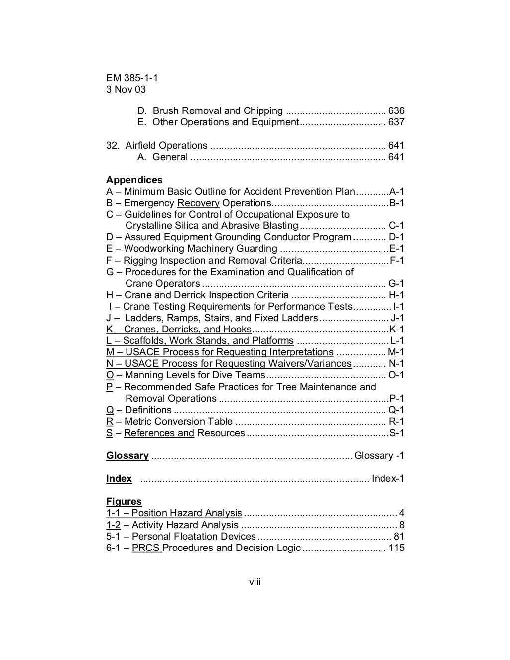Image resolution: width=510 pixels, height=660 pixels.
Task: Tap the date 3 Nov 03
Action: pos(126,90)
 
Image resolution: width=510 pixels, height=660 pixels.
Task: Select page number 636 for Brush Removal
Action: pos(396,111)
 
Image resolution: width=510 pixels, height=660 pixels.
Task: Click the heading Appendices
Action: pos(134,180)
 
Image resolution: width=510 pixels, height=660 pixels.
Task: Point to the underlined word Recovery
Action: pos(198,203)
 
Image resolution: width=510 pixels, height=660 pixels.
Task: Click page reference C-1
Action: pos(396,226)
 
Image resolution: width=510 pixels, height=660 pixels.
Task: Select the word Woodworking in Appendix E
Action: pos(150,249)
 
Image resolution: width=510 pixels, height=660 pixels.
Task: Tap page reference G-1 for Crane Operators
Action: pos(396,284)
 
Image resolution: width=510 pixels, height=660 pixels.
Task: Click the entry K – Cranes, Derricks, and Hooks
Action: pos(178,330)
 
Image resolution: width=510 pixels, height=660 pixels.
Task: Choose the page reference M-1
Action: pos(396,352)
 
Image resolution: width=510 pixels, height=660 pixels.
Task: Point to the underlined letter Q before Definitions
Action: pos(110,410)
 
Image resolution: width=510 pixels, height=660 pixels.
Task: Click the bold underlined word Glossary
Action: pos(127,456)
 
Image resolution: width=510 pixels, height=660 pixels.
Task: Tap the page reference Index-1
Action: pos(388,479)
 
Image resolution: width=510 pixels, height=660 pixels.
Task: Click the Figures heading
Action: pos(124,502)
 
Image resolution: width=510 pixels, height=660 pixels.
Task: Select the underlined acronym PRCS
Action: pos(146,548)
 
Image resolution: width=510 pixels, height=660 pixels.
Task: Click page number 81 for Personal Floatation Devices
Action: pos(399,537)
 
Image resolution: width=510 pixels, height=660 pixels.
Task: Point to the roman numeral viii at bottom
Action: pos(255,582)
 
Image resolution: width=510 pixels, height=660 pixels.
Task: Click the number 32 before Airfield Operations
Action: pos(112,146)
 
